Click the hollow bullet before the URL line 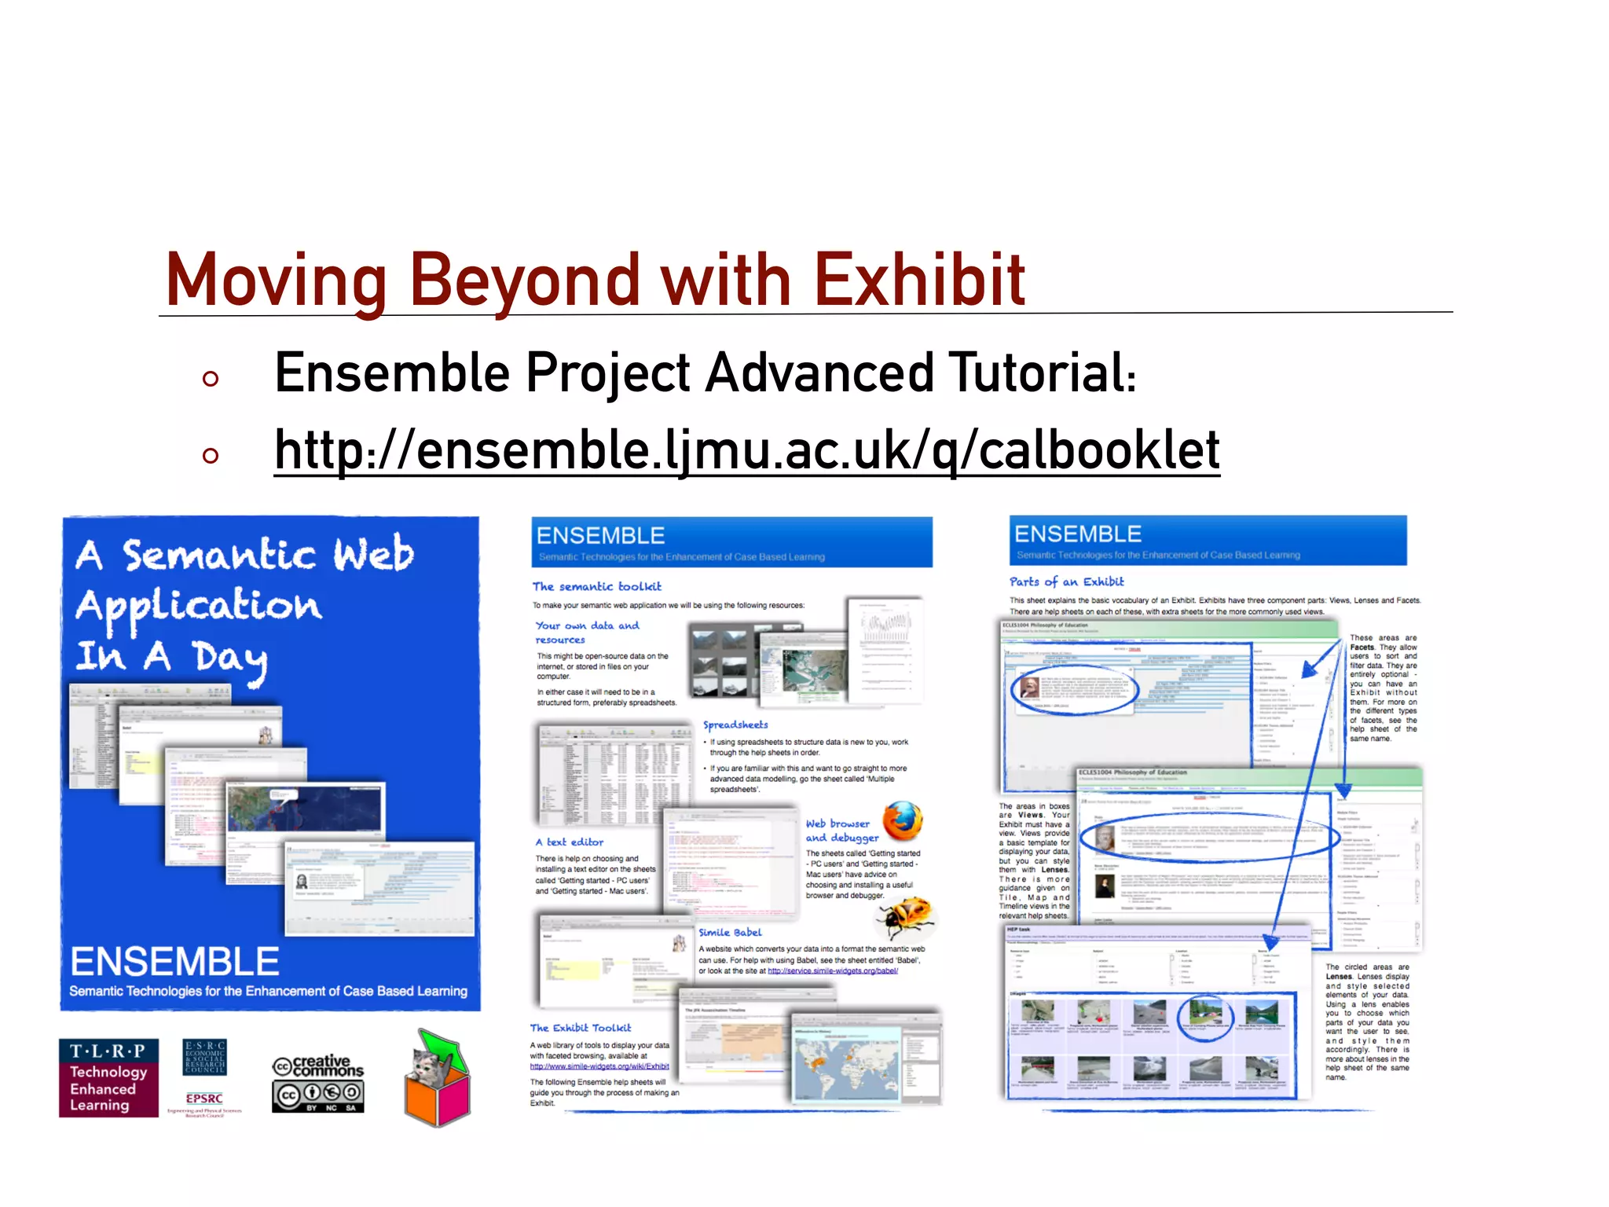210,455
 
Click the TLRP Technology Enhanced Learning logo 108,1077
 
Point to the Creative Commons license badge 318,1083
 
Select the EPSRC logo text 204,1099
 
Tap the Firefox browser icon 903,821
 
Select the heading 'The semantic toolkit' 597,586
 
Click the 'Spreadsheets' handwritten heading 735,725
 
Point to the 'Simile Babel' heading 730,932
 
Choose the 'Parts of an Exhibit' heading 1066,581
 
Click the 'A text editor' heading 570,842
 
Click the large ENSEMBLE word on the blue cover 174,962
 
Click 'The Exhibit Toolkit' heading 581,1028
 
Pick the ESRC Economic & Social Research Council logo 204,1057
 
